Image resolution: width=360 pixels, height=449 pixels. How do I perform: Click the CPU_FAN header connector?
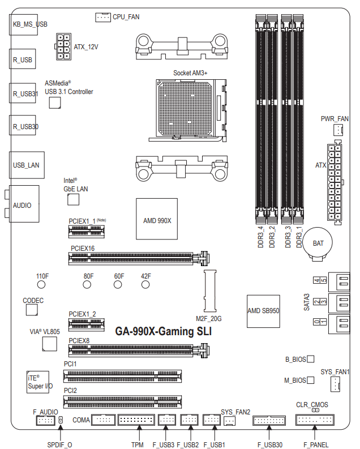pos(102,18)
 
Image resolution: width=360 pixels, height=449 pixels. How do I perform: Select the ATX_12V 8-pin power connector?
pos(63,46)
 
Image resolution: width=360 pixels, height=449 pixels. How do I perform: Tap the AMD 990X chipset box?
pos(157,219)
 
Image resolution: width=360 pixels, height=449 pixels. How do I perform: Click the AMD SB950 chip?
pos(263,311)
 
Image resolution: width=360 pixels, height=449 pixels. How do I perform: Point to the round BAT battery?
pos(318,243)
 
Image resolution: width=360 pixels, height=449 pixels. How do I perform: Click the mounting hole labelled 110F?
pos(41,285)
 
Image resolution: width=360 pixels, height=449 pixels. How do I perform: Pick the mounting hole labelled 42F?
pos(145,285)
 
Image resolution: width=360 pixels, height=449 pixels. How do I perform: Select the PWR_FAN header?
pos(338,130)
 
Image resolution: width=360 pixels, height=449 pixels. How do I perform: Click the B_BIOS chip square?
pos(311,359)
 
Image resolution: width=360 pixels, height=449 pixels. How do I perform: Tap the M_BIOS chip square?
pos(311,380)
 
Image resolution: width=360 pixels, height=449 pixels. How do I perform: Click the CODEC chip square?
pos(32,310)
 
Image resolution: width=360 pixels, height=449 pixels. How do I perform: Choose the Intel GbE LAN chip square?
pos(73,200)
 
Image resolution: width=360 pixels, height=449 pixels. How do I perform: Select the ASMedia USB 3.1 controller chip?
pos(55,103)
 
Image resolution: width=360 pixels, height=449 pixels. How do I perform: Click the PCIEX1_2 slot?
pos(87,325)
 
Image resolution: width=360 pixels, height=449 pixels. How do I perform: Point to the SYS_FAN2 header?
pos(229,421)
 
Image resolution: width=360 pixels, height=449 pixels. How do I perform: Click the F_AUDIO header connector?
pos(46,420)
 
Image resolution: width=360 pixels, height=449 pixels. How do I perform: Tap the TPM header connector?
pos(136,420)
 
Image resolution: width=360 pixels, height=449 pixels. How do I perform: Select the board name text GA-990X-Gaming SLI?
pos(164,331)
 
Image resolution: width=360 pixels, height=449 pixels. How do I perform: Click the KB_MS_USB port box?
pos(23,24)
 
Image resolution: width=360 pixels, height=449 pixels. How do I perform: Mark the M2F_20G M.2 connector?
pos(210,290)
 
